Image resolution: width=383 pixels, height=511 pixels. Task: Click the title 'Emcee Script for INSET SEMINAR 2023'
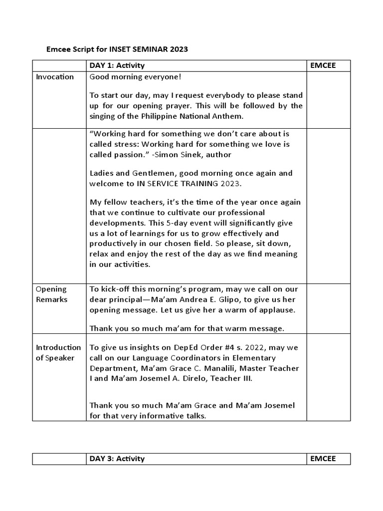[x=117, y=49]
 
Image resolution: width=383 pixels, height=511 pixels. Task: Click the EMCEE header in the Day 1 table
[x=323, y=66]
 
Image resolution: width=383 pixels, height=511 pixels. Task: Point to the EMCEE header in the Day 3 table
[x=323, y=459]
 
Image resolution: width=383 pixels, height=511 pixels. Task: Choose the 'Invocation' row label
[x=55, y=77]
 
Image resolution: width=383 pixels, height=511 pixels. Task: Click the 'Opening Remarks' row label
[x=51, y=294]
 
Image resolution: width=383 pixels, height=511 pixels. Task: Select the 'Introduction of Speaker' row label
[x=58, y=352]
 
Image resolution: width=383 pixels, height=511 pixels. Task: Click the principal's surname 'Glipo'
[x=240, y=300]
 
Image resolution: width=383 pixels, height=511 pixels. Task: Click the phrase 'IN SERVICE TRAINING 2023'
[x=190, y=184]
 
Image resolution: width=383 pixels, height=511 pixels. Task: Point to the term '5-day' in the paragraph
[x=201, y=223]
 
